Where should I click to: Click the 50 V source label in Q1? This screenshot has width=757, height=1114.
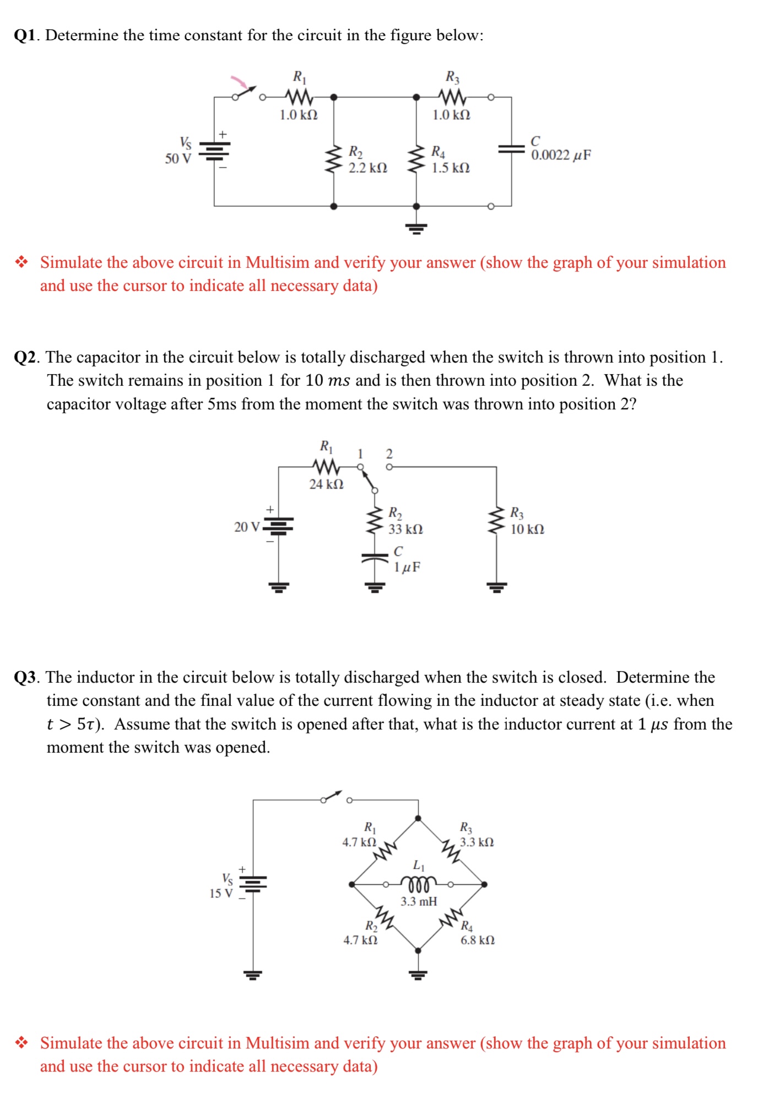[178, 159]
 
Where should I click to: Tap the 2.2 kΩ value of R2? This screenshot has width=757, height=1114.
[367, 168]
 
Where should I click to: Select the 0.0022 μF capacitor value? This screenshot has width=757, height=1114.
[561, 155]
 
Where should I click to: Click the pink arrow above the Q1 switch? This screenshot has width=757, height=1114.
[239, 82]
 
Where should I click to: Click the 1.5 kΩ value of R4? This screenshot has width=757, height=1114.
[450, 168]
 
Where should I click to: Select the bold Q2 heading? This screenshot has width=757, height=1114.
[26, 358]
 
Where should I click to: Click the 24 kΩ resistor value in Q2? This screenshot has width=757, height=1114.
[326, 484]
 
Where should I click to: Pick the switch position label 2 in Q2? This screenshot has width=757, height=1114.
[389, 454]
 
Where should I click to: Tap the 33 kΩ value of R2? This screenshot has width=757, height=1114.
[405, 529]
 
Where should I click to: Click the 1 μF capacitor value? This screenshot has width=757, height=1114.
[407, 567]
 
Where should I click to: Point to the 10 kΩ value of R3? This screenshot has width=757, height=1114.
[527, 529]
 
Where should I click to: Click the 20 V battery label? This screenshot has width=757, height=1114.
[246, 527]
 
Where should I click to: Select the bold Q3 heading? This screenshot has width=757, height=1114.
[26, 677]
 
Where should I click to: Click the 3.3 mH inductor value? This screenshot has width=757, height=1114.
[419, 901]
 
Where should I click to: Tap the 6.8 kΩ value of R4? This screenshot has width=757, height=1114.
[478, 940]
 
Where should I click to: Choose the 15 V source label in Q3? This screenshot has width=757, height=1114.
[221, 893]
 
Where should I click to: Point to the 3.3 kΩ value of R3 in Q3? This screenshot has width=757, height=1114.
[477, 842]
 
